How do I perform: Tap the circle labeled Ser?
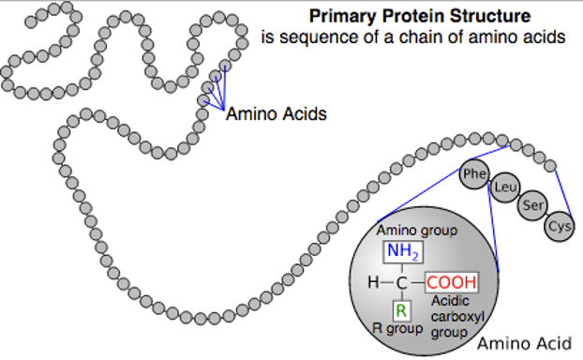(x=533, y=205)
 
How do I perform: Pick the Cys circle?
(x=560, y=226)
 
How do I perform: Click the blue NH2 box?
(x=401, y=251)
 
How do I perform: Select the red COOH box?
(x=452, y=281)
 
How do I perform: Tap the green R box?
(x=401, y=310)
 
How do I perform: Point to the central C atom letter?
(x=401, y=281)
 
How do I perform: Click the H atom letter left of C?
(x=373, y=281)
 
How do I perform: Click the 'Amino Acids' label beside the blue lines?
(x=277, y=114)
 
